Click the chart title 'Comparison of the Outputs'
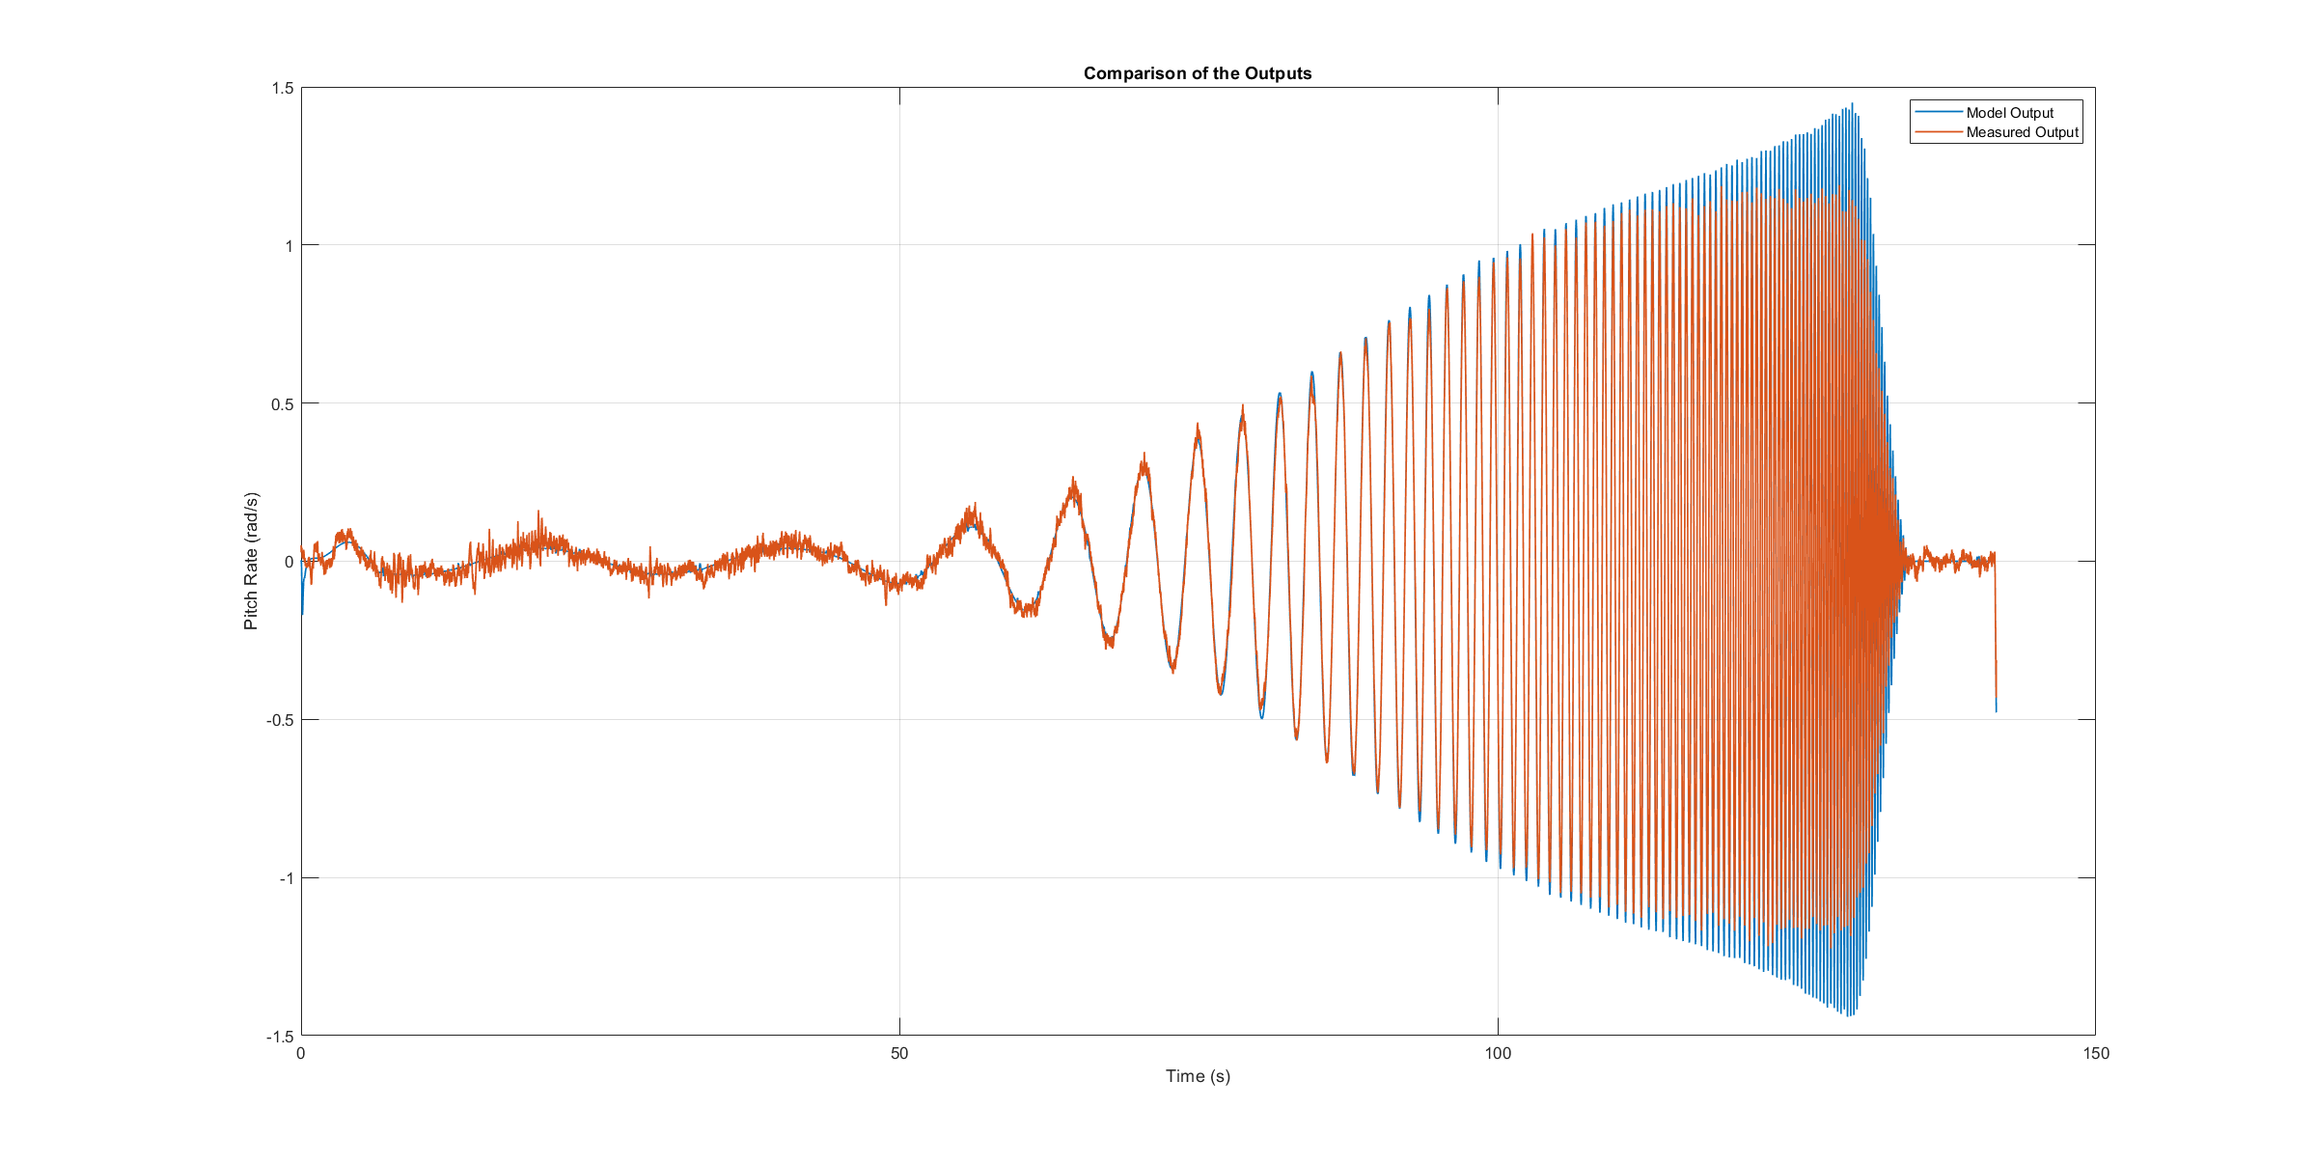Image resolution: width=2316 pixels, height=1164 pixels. (x=1197, y=73)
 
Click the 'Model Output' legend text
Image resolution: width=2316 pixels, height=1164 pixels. (x=2010, y=113)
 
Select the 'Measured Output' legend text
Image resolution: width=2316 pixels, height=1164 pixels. (x=2022, y=132)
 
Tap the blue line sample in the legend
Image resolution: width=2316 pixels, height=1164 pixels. (x=1938, y=113)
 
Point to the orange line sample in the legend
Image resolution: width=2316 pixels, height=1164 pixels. (x=1938, y=132)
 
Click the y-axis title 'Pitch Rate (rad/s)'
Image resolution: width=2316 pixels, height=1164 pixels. (x=251, y=561)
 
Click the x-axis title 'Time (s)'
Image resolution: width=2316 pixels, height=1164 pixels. (x=1198, y=1076)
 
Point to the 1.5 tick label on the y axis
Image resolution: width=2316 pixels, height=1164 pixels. (x=282, y=88)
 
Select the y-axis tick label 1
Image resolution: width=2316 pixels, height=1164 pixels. (x=289, y=246)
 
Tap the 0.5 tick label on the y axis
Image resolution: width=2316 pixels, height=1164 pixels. (x=282, y=403)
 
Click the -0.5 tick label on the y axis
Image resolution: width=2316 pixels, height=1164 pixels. (x=280, y=720)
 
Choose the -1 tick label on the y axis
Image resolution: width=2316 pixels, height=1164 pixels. (x=286, y=878)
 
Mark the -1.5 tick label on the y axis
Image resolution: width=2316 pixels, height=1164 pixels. (x=280, y=1037)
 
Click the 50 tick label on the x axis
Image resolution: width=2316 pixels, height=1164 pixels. (x=899, y=1054)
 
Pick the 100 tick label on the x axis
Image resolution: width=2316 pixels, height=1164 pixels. (x=1498, y=1054)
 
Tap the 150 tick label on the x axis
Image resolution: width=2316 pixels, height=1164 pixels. (x=2095, y=1054)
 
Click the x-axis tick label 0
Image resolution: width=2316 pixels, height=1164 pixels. (x=301, y=1054)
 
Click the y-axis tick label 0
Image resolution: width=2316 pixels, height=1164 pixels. (x=289, y=562)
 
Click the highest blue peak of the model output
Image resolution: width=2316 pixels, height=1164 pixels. (x=1852, y=104)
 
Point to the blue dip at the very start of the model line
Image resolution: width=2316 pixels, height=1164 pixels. (x=302, y=612)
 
